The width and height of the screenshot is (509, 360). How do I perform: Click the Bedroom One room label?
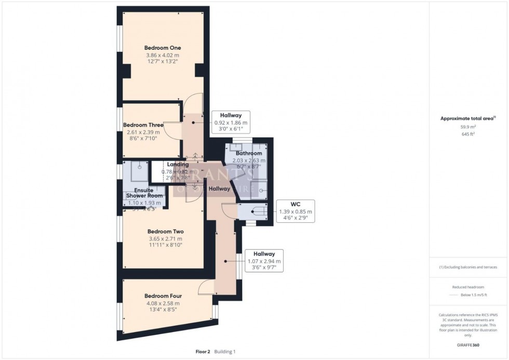tap(163, 48)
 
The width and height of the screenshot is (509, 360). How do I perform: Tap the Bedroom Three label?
tap(143, 125)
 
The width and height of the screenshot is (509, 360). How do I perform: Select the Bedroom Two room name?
tap(165, 232)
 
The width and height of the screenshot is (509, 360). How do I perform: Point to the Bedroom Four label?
tap(163, 296)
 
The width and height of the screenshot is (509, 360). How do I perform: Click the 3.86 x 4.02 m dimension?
tap(163, 55)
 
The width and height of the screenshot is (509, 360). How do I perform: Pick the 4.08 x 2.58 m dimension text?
tap(163, 303)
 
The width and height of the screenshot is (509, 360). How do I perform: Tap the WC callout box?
tap(295, 211)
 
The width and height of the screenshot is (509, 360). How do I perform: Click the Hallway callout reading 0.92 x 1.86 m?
tap(232, 123)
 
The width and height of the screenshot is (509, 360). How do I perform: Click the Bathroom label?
tap(249, 154)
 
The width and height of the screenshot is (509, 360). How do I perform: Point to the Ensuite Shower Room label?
tap(144, 193)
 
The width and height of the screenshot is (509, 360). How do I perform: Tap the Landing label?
tap(178, 165)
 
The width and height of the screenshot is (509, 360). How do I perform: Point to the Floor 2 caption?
tap(202, 352)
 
